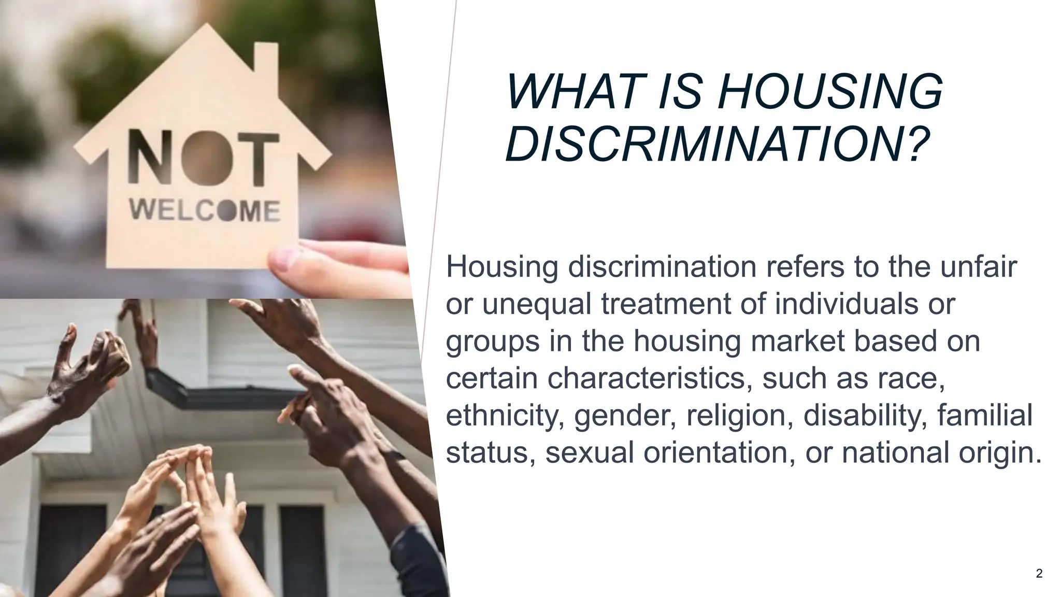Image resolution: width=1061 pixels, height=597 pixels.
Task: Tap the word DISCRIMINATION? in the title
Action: [x=718, y=144]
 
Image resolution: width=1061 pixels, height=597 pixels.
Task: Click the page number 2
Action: [x=1039, y=573]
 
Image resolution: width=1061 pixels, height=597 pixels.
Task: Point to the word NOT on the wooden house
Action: [x=203, y=159]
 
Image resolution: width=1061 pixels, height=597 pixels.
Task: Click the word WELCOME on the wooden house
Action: [x=205, y=210]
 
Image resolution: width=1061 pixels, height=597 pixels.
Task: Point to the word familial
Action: [x=985, y=416]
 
